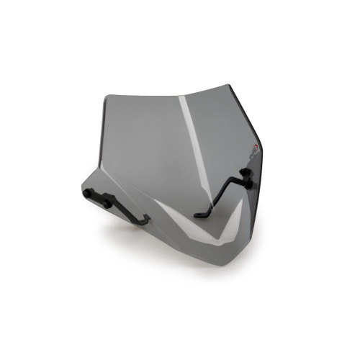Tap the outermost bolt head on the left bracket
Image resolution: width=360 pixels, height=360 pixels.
tap(89, 194)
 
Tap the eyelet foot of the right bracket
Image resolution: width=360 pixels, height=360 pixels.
tap(201, 212)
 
